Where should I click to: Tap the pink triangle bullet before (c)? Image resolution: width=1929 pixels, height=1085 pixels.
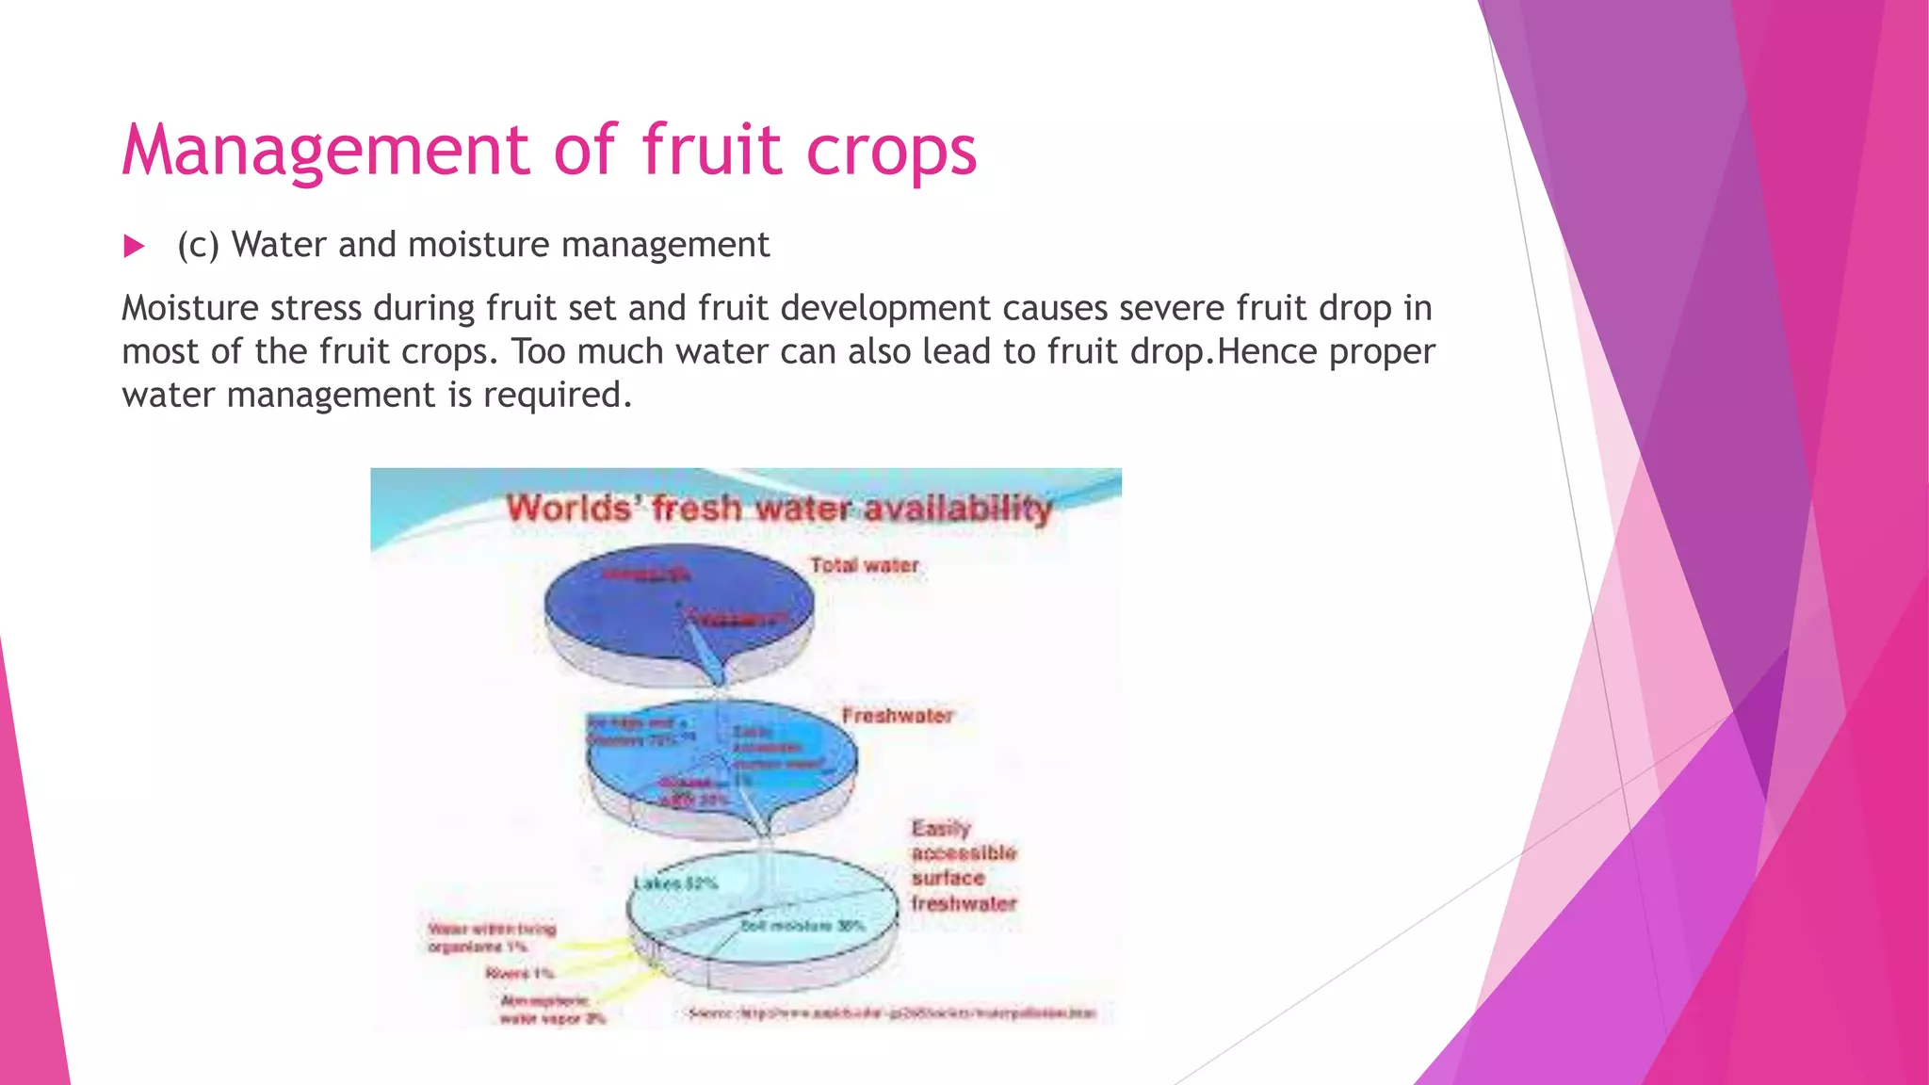click(x=135, y=247)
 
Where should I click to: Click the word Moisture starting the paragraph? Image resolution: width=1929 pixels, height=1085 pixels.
click(x=189, y=308)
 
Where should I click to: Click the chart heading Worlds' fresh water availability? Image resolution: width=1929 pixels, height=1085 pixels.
click(x=779, y=509)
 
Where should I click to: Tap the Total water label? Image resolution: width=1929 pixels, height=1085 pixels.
click(x=864, y=565)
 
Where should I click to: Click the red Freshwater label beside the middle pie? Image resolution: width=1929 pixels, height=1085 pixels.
click(x=898, y=716)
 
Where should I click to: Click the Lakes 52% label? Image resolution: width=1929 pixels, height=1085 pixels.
click(x=675, y=883)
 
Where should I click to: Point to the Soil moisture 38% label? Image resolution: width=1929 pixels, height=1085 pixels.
click(x=802, y=926)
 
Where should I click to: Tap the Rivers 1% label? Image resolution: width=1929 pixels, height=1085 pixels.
click(x=519, y=973)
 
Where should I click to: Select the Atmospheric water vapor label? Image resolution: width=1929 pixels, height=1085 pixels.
click(x=552, y=1009)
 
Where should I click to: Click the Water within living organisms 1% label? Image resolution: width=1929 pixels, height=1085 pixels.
click(x=492, y=937)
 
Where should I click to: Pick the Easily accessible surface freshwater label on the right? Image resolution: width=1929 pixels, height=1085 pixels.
click(x=964, y=866)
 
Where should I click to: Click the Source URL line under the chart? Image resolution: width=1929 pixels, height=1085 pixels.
click(x=892, y=1013)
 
